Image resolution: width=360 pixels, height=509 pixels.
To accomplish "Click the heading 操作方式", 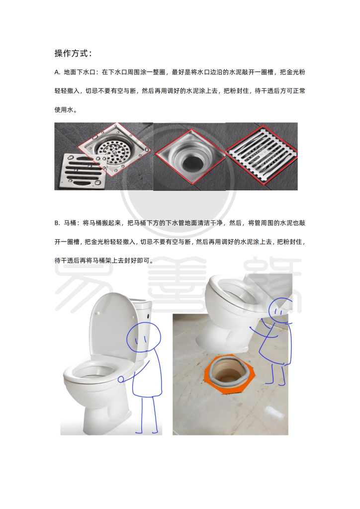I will coord(73,53).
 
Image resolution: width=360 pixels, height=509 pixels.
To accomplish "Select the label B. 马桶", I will coord(67,223).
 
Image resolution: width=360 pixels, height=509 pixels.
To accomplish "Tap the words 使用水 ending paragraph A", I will coord(66,110).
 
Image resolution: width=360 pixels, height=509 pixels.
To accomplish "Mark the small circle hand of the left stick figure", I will coord(121,379).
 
